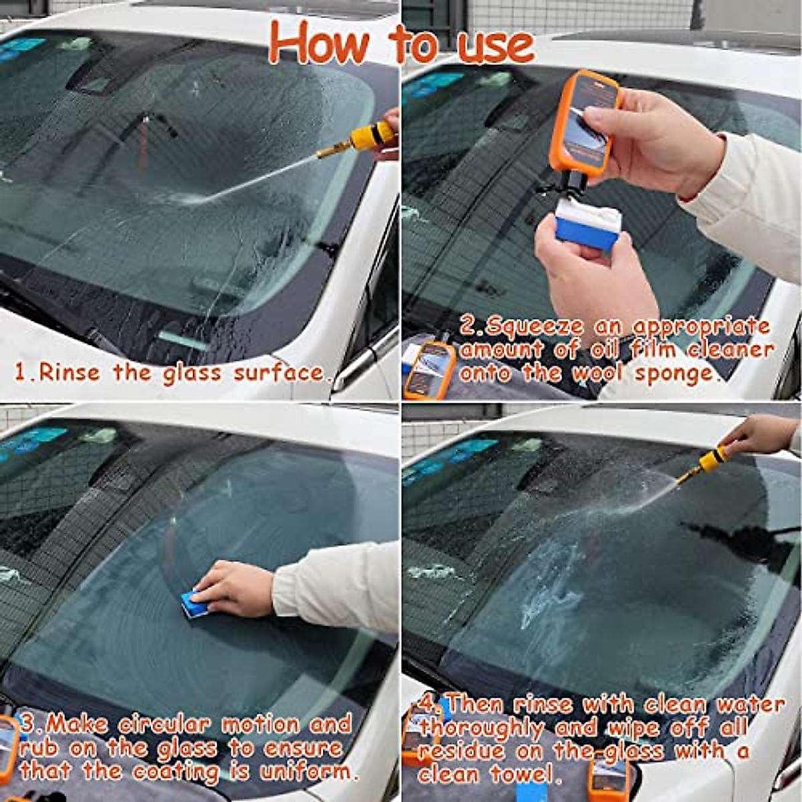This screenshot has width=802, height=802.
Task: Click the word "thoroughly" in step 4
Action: (x=481, y=727)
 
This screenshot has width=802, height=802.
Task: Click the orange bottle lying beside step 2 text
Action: (x=429, y=369)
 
